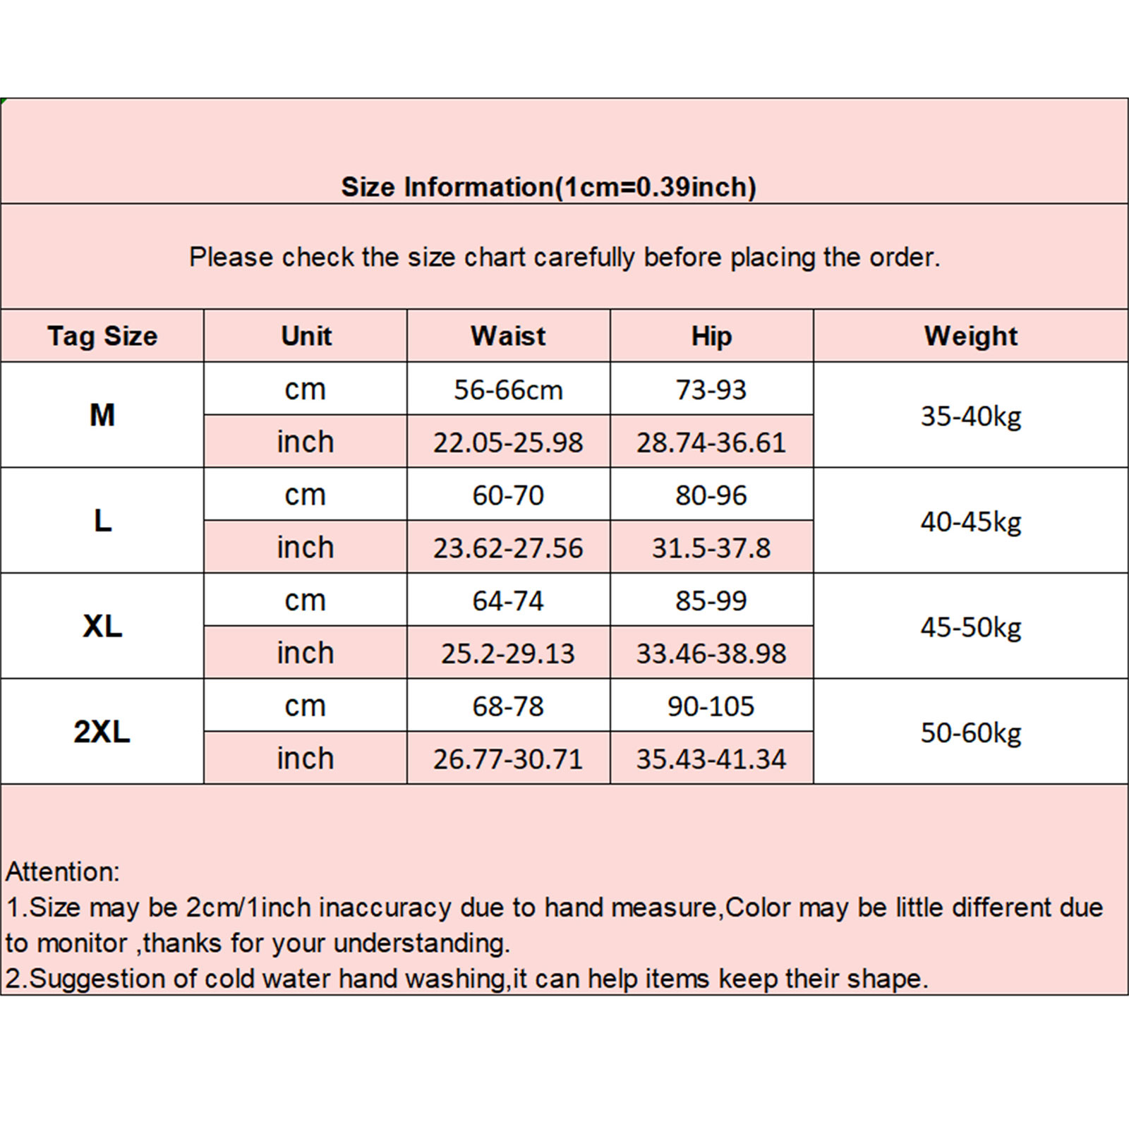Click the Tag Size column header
(x=102, y=336)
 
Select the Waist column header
(x=508, y=336)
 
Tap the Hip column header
(x=711, y=336)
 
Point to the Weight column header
(x=971, y=336)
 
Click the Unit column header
(x=306, y=336)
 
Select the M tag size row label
(x=102, y=415)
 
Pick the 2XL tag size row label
(x=102, y=732)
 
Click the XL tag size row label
(x=102, y=626)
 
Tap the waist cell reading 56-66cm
(x=508, y=390)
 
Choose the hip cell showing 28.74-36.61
(x=711, y=442)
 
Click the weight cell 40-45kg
(x=971, y=521)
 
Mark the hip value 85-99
(x=711, y=600)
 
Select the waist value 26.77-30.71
(x=508, y=759)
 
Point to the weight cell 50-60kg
(x=971, y=733)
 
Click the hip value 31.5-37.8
(x=711, y=548)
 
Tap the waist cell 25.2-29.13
(x=508, y=653)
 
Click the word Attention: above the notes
(x=63, y=871)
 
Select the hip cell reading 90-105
(x=711, y=706)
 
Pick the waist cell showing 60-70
(x=508, y=495)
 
